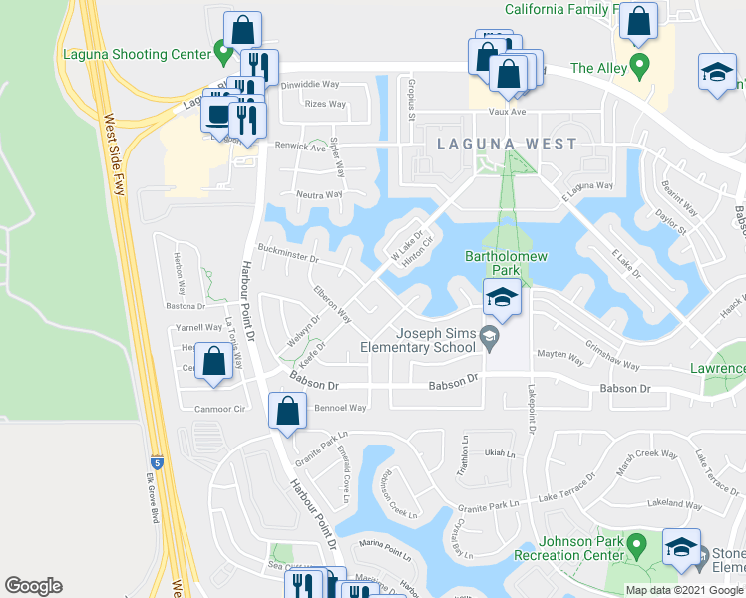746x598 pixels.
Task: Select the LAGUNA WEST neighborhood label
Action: (507, 144)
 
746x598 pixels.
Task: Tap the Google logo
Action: (34, 586)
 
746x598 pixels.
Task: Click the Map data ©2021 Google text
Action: (684, 590)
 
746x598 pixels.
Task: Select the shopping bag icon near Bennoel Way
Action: (287, 410)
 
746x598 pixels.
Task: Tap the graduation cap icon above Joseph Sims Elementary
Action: (502, 297)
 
